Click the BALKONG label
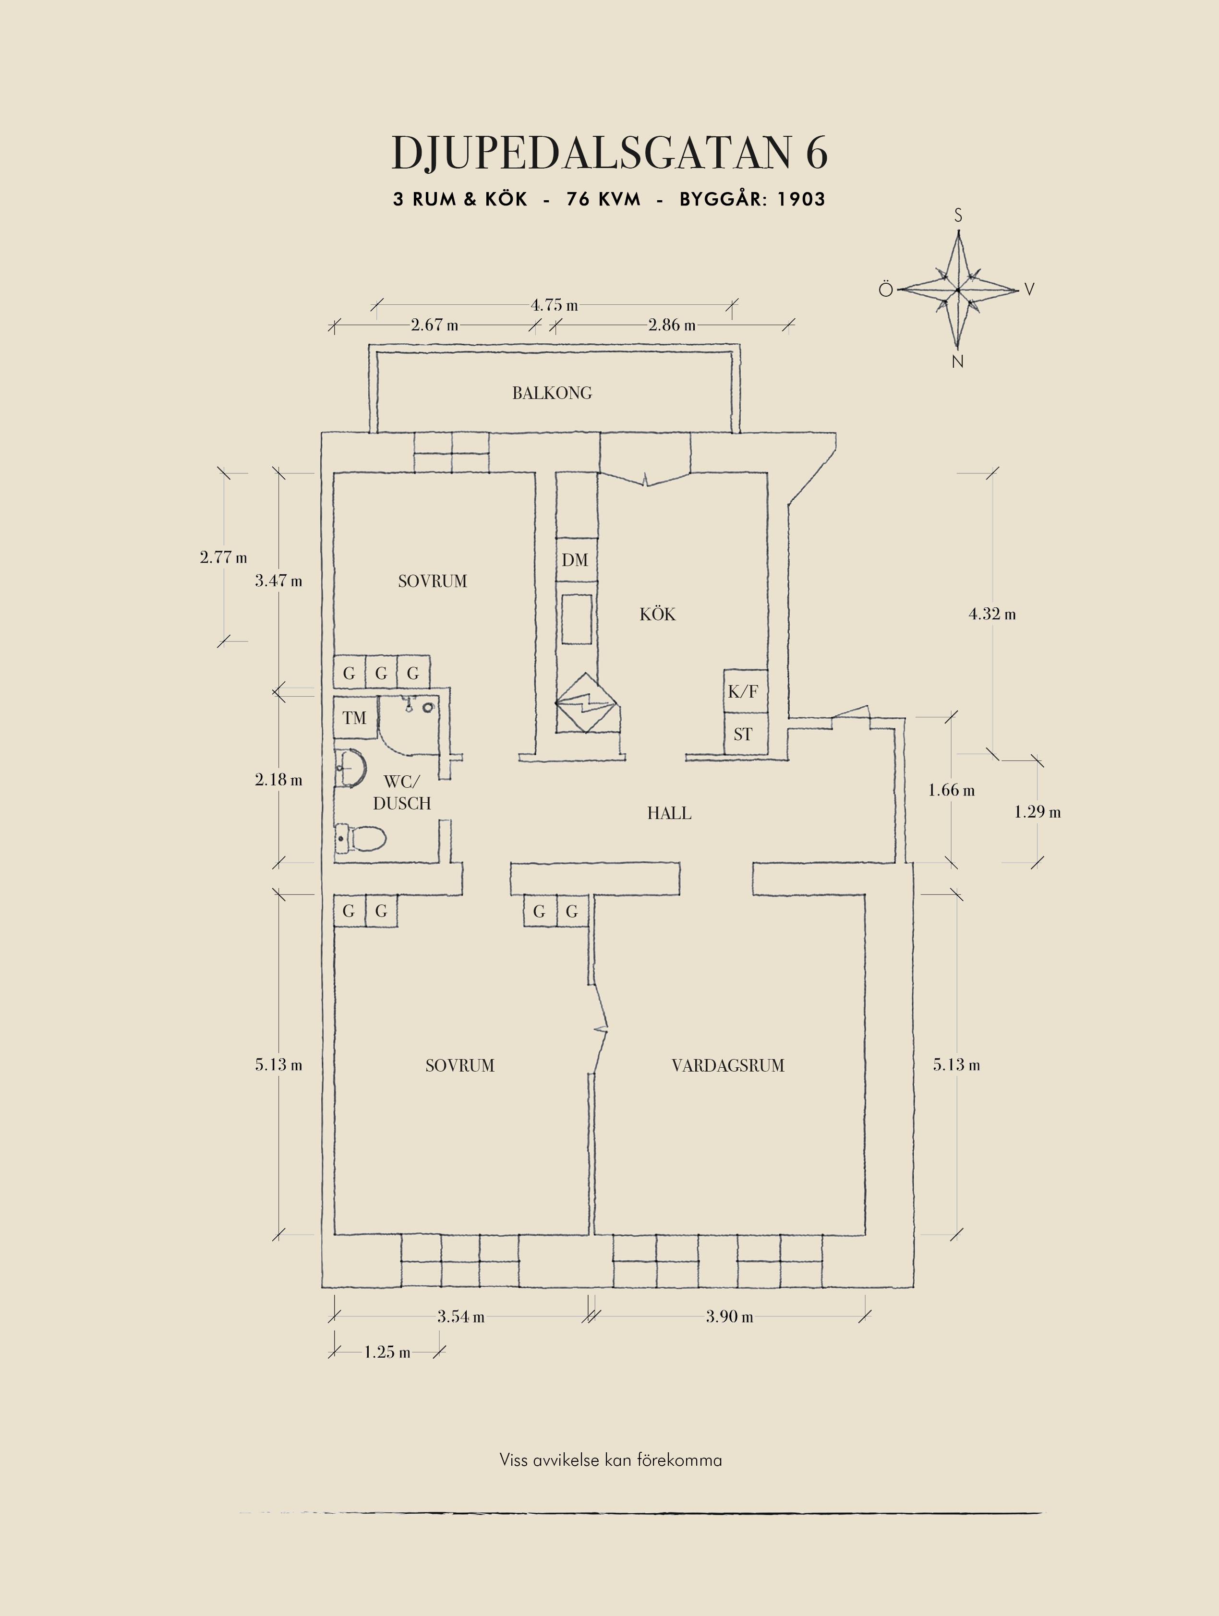pos(552,393)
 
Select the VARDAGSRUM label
pos(727,1065)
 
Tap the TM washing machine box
pos(355,717)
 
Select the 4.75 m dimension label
pos(554,305)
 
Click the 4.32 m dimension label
pos(992,614)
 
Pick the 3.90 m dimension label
pos(729,1316)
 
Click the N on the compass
pos(957,362)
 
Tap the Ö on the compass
pos(885,289)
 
